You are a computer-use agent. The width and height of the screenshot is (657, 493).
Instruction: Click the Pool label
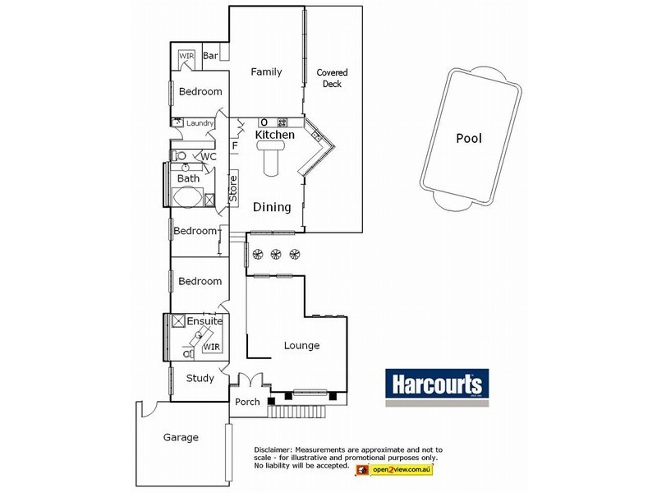[469, 139]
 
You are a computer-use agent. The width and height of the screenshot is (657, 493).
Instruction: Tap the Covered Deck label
[329, 78]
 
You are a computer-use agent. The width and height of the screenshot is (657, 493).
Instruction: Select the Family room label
[266, 72]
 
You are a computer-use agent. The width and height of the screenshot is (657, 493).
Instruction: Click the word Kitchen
[274, 134]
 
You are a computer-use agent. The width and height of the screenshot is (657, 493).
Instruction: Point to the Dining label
[271, 208]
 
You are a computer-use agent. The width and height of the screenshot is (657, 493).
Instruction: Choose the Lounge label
[301, 346]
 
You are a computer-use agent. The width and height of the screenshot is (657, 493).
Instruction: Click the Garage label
[181, 438]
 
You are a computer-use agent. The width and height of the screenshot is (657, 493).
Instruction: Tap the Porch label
[247, 402]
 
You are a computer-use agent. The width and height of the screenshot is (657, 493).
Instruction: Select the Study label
[200, 379]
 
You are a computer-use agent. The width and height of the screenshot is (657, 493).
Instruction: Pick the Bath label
[188, 178]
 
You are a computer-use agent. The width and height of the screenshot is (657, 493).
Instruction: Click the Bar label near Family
[210, 57]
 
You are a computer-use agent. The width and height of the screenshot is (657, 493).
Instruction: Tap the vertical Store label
[233, 188]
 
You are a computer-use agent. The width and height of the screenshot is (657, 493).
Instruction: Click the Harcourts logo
[438, 385]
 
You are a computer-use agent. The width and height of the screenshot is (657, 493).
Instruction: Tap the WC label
[209, 156]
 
